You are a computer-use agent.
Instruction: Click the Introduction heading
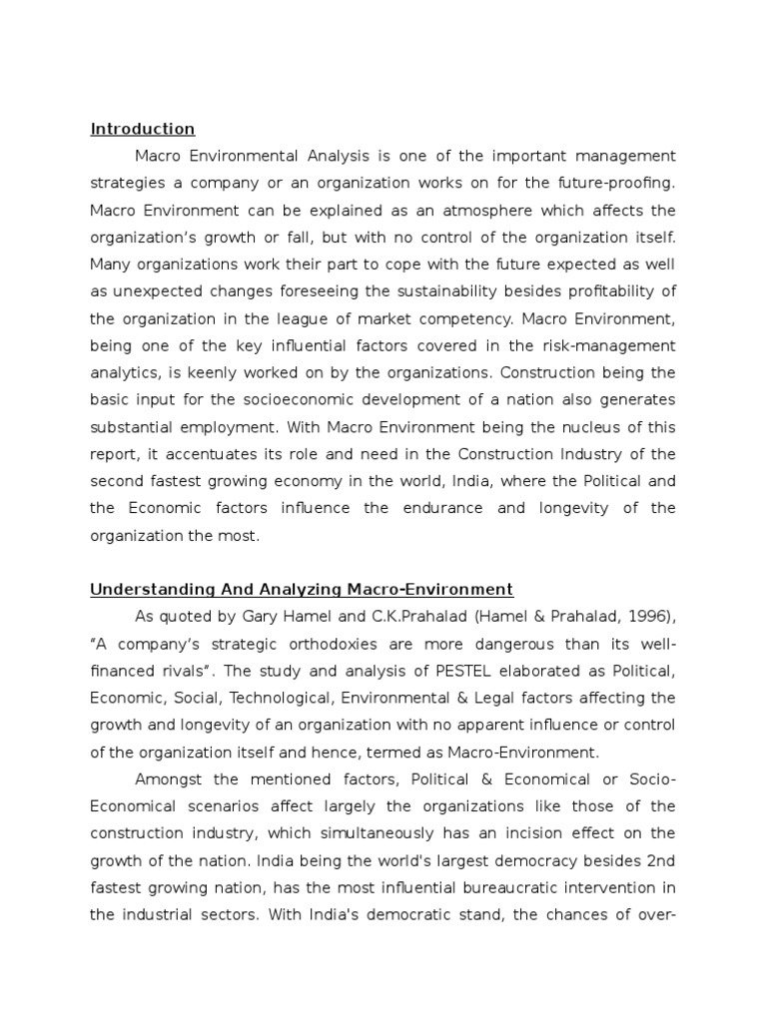coord(142,129)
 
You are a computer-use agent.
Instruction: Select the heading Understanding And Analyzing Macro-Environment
coord(302,589)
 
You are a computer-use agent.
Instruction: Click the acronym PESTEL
coord(462,671)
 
